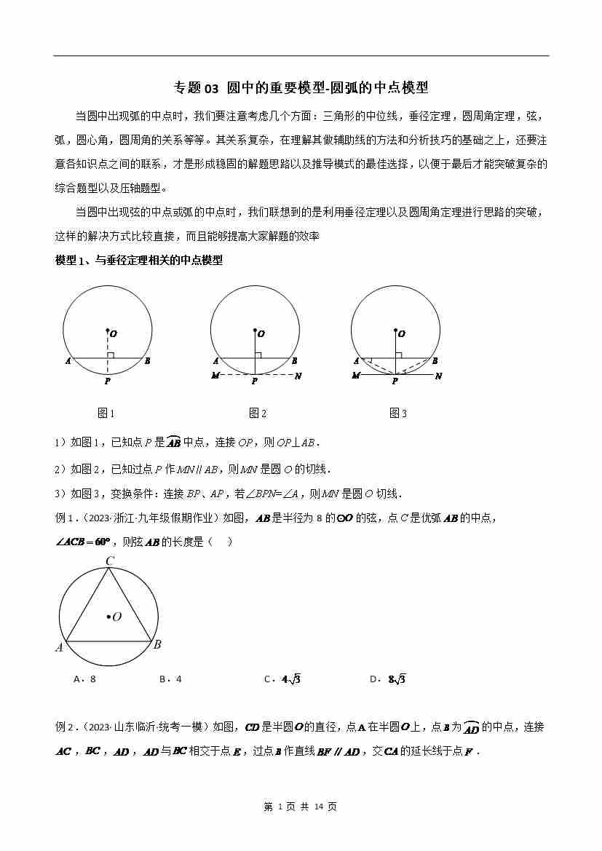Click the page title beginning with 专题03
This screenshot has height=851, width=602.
tap(301, 88)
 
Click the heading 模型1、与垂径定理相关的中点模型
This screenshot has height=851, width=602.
tap(138, 261)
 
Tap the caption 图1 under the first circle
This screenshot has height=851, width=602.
tap(106, 413)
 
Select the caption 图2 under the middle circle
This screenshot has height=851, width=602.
tap(258, 413)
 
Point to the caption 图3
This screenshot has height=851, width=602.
tap(398, 413)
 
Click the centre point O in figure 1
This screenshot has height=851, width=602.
tap(108, 331)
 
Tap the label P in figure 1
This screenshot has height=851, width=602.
tap(107, 380)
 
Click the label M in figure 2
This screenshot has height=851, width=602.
tap(215, 376)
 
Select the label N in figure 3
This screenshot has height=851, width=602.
tap(438, 376)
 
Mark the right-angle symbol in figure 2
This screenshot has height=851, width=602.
tap(258, 354)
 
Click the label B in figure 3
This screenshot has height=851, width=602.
tap(435, 360)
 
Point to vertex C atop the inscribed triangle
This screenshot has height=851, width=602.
tap(110, 561)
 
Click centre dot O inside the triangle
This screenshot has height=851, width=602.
tap(108, 617)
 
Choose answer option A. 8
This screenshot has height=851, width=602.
tap(85, 679)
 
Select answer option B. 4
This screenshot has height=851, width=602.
tap(170, 679)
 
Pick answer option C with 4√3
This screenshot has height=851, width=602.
tap(282, 679)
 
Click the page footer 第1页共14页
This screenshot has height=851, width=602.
tap(300, 806)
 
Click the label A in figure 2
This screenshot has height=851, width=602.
tap(216, 360)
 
